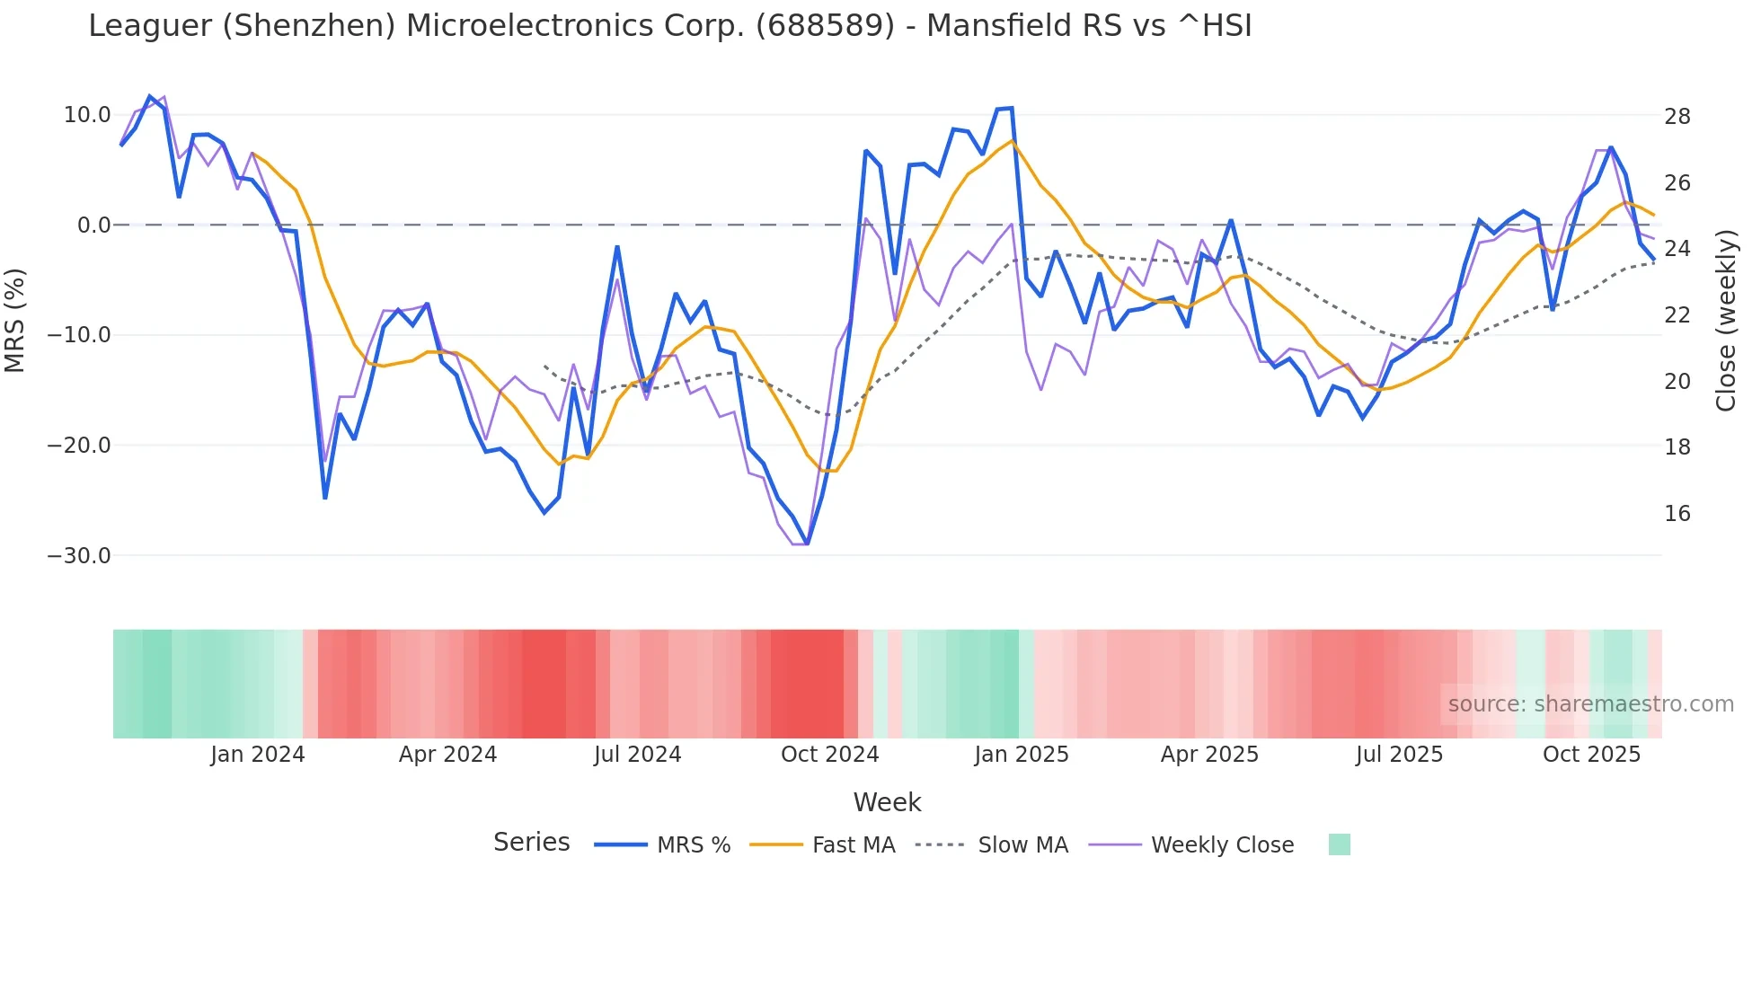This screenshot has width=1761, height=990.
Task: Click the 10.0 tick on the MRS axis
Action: pyautogui.click(x=86, y=115)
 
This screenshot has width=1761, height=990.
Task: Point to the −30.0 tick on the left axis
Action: pyautogui.click(x=79, y=556)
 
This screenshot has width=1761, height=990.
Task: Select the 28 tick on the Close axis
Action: pyautogui.click(x=1677, y=117)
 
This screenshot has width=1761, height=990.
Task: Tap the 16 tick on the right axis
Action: pyautogui.click(x=1677, y=514)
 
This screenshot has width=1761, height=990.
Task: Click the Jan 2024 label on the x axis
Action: pyautogui.click(x=258, y=755)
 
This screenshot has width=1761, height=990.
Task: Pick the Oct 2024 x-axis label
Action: pyautogui.click(x=829, y=755)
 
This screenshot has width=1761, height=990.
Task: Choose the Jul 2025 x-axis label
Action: pyautogui.click(x=1399, y=755)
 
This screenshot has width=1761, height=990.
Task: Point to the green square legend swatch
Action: pyautogui.click(x=1339, y=844)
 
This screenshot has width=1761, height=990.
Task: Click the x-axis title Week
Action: pyautogui.click(x=887, y=802)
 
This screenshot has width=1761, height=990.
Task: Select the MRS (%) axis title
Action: pyautogui.click(x=15, y=321)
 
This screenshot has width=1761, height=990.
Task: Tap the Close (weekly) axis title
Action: pyautogui.click(x=1725, y=321)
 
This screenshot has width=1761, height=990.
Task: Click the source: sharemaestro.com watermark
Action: pyautogui.click(x=1590, y=704)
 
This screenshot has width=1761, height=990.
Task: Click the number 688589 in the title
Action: pyautogui.click(x=825, y=26)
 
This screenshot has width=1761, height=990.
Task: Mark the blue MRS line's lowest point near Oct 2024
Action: pyautogui.click(x=807, y=544)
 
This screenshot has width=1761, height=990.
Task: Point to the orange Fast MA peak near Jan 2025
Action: pyautogui.click(x=1013, y=141)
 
